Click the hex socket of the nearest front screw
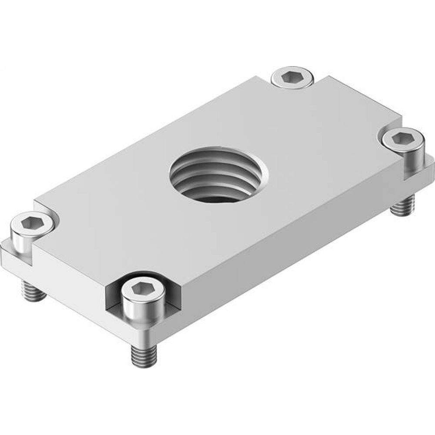(x=143, y=288)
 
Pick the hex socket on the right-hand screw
(x=402, y=138)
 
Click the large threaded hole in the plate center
(x=218, y=174)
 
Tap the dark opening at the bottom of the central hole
(x=217, y=198)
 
